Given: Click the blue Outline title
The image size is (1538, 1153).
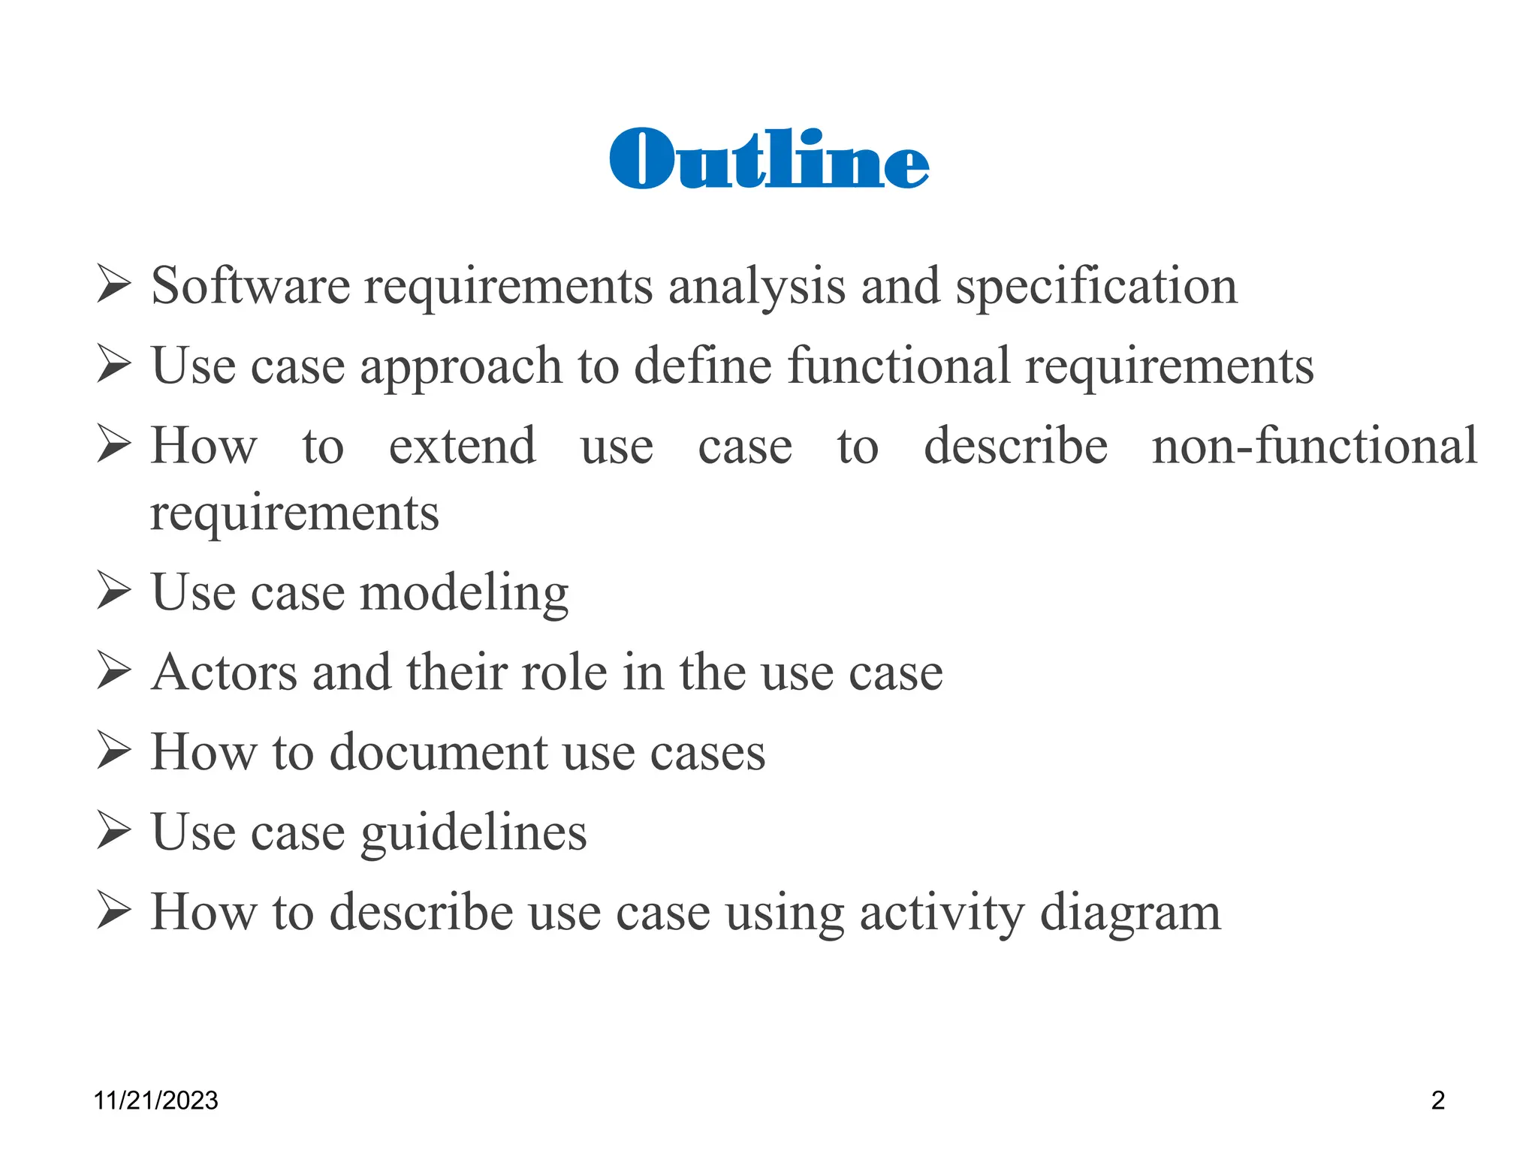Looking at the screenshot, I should coord(769,159).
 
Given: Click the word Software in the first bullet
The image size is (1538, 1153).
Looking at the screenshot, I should coord(250,286).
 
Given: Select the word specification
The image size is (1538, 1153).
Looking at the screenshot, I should coord(1096,287).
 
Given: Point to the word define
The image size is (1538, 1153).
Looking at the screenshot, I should coord(702,366).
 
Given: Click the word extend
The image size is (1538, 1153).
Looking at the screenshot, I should coord(462,446).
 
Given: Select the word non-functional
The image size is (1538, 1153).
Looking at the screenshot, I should coord(1314,446).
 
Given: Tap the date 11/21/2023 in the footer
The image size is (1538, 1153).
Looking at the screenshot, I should coord(155,1100).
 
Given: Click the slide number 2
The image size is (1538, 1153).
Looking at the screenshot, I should coord(1437,1100).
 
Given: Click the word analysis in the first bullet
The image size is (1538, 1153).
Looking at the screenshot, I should coord(756,287).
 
